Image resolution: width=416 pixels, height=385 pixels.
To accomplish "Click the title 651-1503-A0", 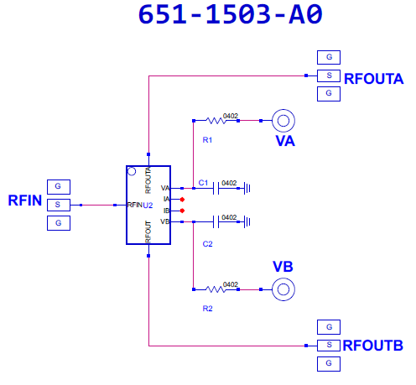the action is [x=231, y=14].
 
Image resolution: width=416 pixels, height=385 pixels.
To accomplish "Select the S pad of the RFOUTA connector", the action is [x=329, y=75].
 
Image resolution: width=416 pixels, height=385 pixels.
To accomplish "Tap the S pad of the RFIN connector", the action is [x=59, y=205].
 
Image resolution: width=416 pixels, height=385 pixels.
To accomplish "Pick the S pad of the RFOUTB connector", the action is [x=329, y=346].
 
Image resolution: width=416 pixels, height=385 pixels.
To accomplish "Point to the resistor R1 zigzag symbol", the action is [x=216, y=121].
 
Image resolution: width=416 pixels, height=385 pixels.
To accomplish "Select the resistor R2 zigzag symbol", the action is [x=216, y=289].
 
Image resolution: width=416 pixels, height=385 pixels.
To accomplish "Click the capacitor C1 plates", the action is [x=216, y=188].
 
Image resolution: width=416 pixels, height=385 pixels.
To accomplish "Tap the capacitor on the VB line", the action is [x=216, y=221].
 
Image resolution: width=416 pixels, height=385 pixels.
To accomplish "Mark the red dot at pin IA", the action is [x=182, y=200].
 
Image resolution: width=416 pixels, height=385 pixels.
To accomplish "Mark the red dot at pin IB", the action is [x=182, y=211].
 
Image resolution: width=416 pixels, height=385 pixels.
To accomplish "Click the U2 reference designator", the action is [x=148, y=206].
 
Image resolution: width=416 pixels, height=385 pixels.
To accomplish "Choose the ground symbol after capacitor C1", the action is [x=247, y=188].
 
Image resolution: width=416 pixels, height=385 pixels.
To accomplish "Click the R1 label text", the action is [x=207, y=140].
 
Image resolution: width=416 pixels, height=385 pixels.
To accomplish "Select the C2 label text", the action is [x=207, y=244].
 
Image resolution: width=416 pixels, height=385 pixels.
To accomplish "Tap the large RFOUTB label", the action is [x=372, y=346].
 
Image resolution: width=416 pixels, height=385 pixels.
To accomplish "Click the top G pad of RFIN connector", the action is [x=59, y=187].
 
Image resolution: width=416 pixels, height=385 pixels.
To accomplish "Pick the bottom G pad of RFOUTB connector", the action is [x=329, y=364].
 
